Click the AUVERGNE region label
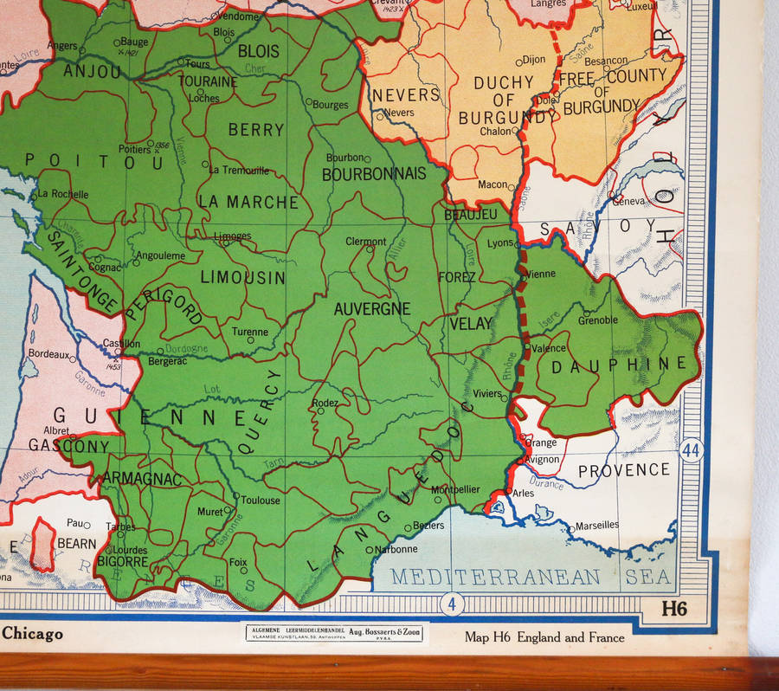point(372,308)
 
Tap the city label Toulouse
point(261,500)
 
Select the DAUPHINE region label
point(624,365)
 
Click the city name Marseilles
point(597,525)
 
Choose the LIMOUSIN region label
point(242,278)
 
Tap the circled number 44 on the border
point(691,451)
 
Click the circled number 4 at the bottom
point(451,603)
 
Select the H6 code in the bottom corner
point(673,609)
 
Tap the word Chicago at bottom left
point(32,634)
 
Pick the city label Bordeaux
point(48,354)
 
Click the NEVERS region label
point(406,94)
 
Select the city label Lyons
point(500,244)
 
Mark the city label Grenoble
point(598,320)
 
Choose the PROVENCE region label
point(623,470)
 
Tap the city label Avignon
point(542,459)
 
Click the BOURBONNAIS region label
point(374,174)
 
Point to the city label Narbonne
point(396,549)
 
